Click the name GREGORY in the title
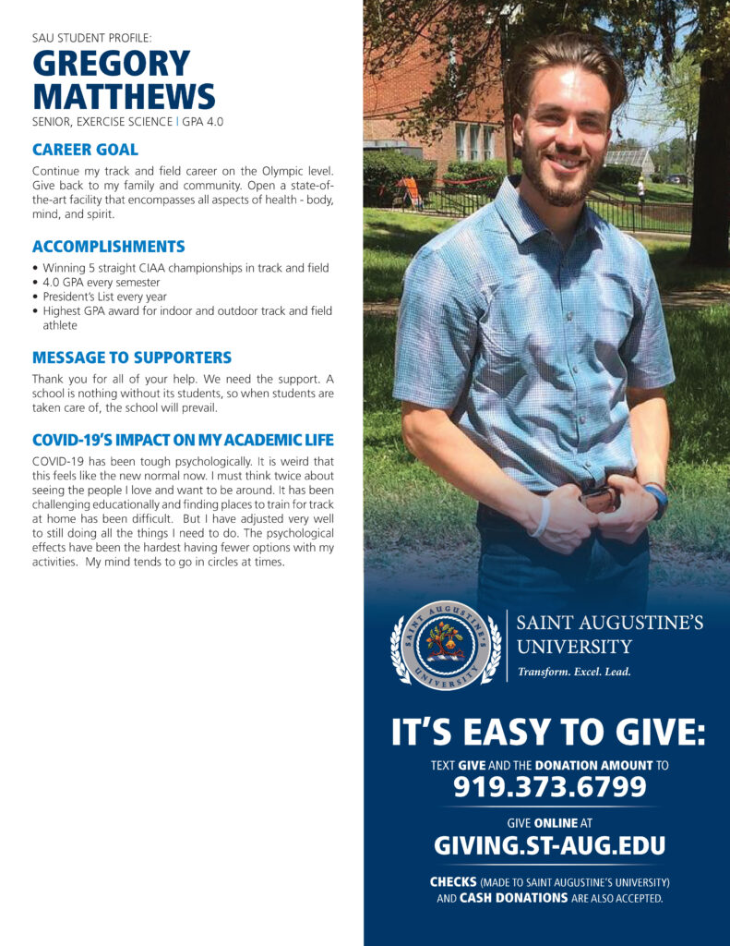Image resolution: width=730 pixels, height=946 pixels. tap(111, 65)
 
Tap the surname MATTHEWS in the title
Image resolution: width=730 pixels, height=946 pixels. tap(124, 96)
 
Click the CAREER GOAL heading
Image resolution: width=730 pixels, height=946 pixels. tap(85, 149)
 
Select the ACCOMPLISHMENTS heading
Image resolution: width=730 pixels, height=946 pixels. tap(108, 247)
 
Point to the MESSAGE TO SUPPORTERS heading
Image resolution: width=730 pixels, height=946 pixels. tap(132, 357)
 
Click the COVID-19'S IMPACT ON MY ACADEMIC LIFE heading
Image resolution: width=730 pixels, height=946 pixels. tap(183, 440)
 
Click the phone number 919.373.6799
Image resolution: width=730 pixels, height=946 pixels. tap(549, 787)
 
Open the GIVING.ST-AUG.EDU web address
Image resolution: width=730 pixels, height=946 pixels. tap(549, 845)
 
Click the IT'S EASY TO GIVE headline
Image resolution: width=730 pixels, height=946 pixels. tap(549, 734)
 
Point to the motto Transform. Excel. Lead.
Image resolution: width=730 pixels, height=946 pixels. tap(574, 672)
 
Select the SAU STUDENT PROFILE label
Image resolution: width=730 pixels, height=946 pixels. tap(91, 38)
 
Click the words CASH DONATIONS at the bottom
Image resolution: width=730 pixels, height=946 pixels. tap(513, 898)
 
